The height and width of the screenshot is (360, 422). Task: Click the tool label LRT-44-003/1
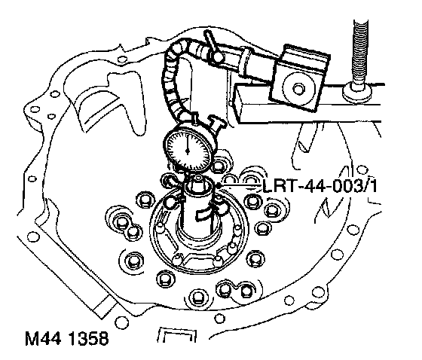[x=320, y=186]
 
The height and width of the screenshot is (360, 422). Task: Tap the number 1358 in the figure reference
[x=88, y=338]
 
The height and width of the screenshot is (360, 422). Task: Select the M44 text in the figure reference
[x=42, y=338]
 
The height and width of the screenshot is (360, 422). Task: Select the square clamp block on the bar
[x=299, y=78]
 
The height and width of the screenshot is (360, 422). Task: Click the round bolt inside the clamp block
[x=298, y=89]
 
